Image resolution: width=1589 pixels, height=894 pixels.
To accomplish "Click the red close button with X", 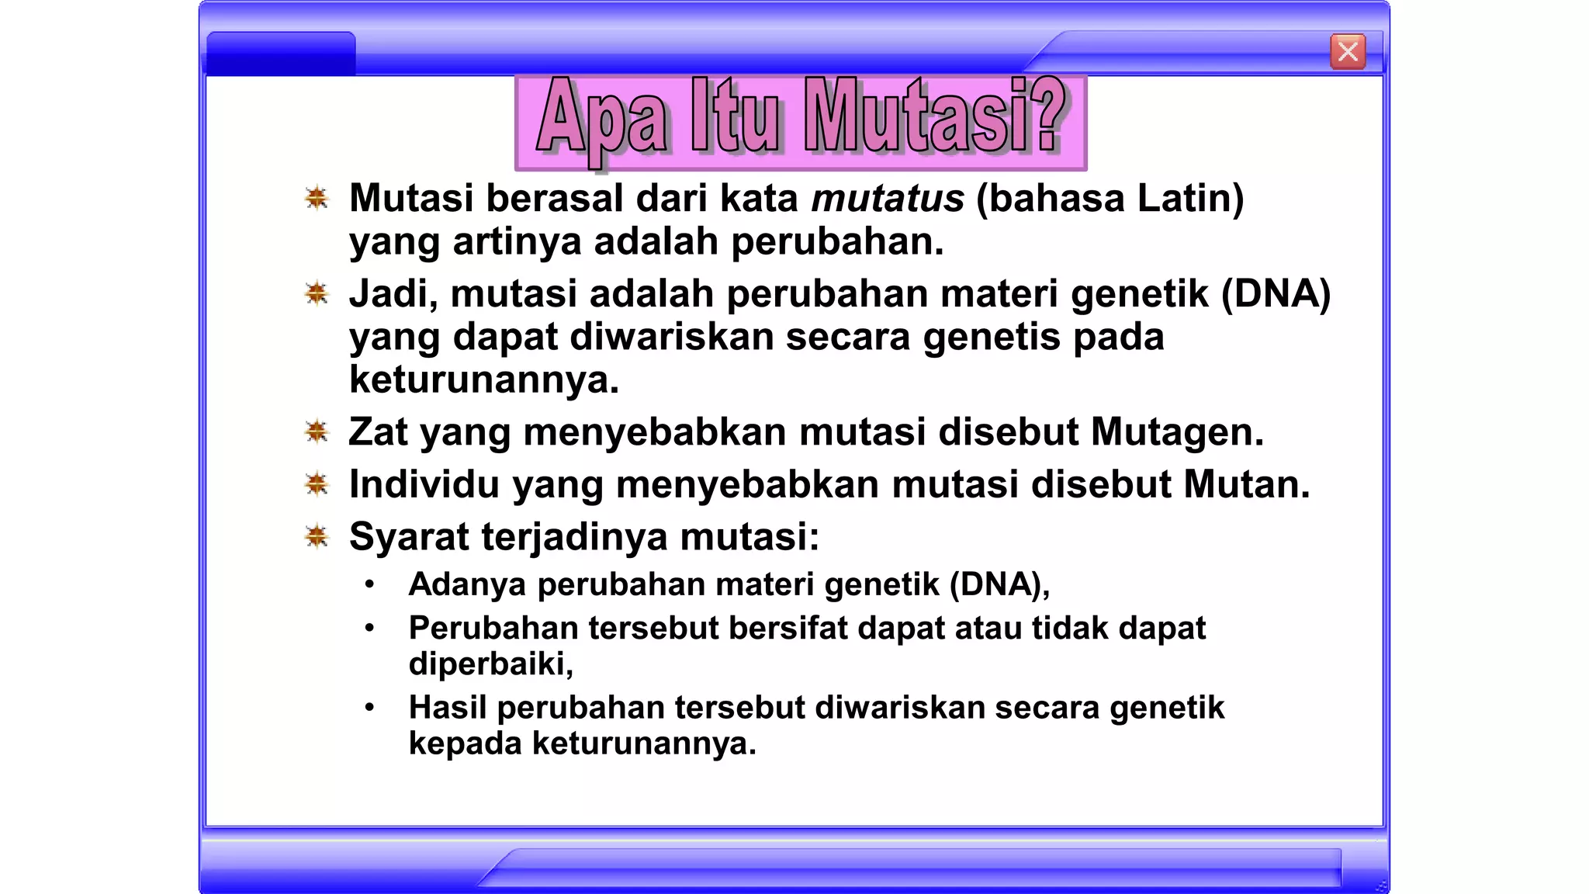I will pos(1348,52).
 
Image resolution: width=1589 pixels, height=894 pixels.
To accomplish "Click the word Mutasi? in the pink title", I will pos(935,116).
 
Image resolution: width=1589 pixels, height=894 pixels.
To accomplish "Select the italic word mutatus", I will pos(887,198).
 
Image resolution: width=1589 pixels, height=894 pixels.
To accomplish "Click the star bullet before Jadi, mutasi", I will pos(317,293).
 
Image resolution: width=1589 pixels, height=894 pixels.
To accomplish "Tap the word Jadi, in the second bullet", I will pos(393,295).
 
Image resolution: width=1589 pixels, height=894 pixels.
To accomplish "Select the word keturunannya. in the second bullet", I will pos(484,379).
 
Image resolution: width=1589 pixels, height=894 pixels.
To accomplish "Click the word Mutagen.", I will pos(1177,432).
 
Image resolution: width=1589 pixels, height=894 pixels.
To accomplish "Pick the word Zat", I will pos(378,432).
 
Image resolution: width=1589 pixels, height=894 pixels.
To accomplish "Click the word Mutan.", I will pos(1246,484).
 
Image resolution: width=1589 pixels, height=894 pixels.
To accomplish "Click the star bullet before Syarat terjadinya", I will pos(317,535).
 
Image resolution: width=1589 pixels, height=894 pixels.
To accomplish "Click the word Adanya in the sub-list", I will pos(467,584).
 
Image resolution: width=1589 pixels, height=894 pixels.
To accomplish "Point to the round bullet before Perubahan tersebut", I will pos(370,627).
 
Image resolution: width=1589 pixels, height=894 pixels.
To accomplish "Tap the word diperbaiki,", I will pos(490,664).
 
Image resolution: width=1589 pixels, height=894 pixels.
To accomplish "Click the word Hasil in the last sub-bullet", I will pos(447,707).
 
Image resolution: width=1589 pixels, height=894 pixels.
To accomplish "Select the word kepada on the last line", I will pos(465,744).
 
